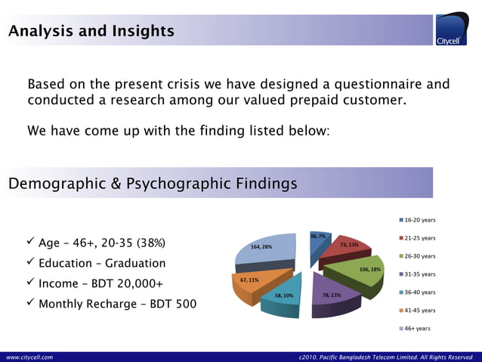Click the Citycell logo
click(x=453, y=29)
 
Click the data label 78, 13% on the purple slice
click(x=332, y=295)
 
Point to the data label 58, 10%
click(x=283, y=296)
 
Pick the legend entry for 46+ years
click(x=417, y=329)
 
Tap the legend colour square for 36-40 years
click(x=401, y=292)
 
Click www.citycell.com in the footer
click(x=30, y=356)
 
